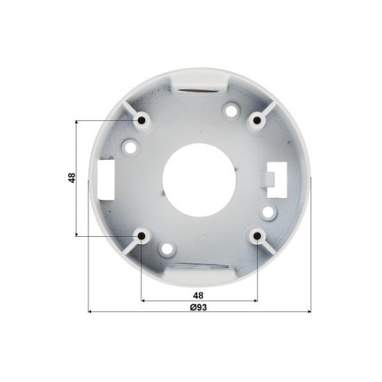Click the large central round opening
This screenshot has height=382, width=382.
199,180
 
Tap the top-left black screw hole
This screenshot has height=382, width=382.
142,120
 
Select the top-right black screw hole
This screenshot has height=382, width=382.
256,120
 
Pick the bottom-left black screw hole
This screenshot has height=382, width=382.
142,235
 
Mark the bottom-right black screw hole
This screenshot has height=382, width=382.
256,235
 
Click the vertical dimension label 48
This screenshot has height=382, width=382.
72,178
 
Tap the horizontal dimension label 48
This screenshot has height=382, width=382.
198,295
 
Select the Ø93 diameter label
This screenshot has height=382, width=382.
199,308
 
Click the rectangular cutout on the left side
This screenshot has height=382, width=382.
106,180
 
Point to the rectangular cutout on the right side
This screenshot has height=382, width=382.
277,180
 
